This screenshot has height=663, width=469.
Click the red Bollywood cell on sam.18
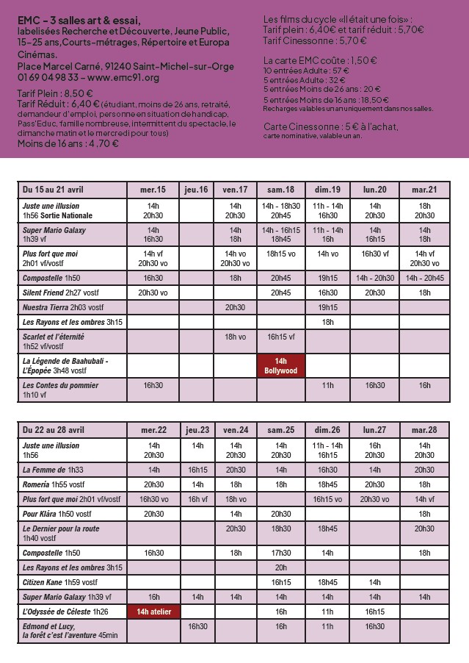click(280, 366)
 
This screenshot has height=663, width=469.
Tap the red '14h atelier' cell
click(153, 611)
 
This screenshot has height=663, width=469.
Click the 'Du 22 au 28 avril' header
click(54, 430)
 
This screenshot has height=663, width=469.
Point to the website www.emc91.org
click(123, 77)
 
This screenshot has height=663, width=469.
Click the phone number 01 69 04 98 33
click(48, 77)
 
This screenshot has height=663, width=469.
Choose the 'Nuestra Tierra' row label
click(59, 307)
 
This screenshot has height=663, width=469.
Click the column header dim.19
click(327, 190)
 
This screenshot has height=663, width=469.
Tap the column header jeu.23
click(197, 430)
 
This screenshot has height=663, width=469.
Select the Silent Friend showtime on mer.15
click(153, 293)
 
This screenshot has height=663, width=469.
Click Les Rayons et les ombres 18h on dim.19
click(327, 322)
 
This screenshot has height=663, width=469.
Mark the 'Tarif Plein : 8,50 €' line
click(55, 93)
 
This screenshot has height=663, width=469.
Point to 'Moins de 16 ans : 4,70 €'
click(68, 144)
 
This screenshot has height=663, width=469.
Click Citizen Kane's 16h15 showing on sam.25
click(280, 582)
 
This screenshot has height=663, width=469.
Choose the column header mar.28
click(424, 430)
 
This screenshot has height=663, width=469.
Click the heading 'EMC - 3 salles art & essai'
click(79, 21)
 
